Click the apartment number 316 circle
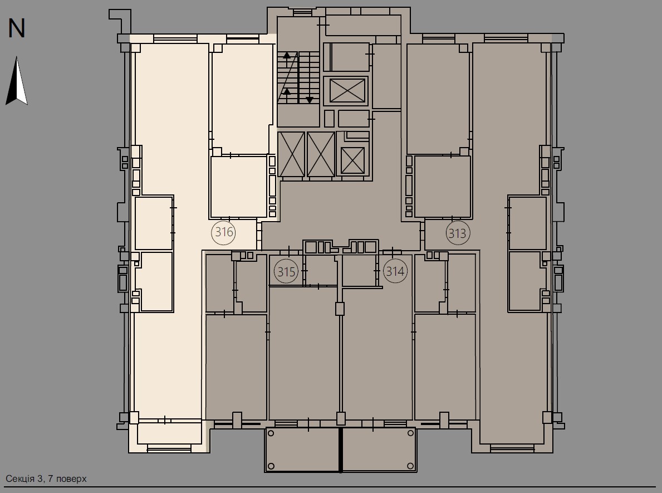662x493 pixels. pos(224,232)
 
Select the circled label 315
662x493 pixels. pos(286,272)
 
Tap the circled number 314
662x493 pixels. pos(395,271)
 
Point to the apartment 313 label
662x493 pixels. pos(457,233)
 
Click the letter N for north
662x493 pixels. pos(17,28)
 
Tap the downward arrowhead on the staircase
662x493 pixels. pos(310,100)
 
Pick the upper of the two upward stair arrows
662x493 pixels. pos(287,55)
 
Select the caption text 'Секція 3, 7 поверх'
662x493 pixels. pos(46,479)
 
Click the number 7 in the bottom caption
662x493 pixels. pos(51,479)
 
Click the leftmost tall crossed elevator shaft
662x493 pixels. pos(291,154)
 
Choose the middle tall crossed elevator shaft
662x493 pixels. pos(321,154)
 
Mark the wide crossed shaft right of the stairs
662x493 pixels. pos(347,90)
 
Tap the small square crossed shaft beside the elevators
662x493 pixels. pos(352,161)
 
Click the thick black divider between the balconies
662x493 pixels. pos(341,450)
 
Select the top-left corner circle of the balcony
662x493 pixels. pos(271,433)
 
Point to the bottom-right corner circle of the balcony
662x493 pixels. pos(410,466)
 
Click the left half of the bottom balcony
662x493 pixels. pos(302,450)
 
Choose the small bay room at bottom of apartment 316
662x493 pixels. pos(169,433)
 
